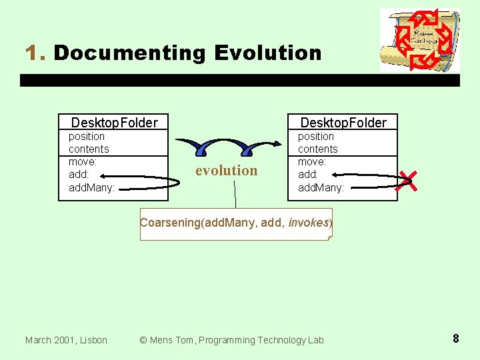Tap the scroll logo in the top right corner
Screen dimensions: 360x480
[x=420, y=40]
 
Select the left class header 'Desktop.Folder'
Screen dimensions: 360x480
[x=114, y=122]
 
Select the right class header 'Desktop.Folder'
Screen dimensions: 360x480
[x=343, y=122]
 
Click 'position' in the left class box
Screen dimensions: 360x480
[x=87, y=136]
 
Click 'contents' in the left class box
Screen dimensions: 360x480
[x=89, y=149]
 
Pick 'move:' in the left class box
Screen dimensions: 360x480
[x=83, y=161]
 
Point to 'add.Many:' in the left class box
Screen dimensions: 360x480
[x=92, y=187]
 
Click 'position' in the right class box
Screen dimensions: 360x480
[x=316, y=136]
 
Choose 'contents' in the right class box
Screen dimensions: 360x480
[x=318, y=149]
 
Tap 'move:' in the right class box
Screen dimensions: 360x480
[x=312, y=161]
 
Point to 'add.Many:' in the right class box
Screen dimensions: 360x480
[x=321, y=187]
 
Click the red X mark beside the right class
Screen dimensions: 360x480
[x=408, y=180]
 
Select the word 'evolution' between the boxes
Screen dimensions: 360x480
[x=226, y=171]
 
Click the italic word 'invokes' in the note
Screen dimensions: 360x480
[x=309, y=223]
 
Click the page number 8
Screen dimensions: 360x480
[x=455, y=339]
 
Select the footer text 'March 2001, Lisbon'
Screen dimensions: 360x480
[x=66, y=340]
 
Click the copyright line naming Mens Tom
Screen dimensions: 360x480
[x=231, y=340]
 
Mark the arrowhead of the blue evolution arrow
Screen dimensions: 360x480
[x=276, y=143]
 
